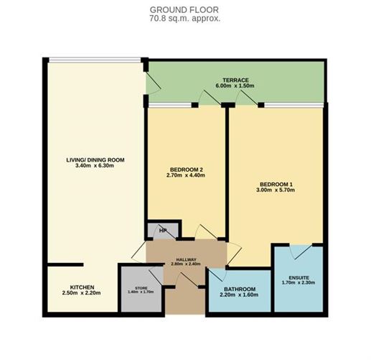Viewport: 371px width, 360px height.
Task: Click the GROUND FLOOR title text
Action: point(185,9)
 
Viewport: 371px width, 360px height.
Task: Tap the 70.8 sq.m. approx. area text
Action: point(185,18)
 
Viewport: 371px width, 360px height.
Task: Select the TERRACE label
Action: point(235,79)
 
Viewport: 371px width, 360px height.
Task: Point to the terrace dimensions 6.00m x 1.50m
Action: point(235,86)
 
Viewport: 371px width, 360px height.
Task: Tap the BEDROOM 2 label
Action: point(186,170)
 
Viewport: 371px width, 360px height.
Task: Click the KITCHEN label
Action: point(81,286)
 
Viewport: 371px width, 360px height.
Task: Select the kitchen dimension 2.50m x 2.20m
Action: point(81,293)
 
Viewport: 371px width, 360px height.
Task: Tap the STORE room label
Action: point(141,287)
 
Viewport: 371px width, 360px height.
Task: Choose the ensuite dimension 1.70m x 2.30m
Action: point(298,283)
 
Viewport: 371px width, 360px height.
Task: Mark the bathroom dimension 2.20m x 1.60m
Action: point(237,295)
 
